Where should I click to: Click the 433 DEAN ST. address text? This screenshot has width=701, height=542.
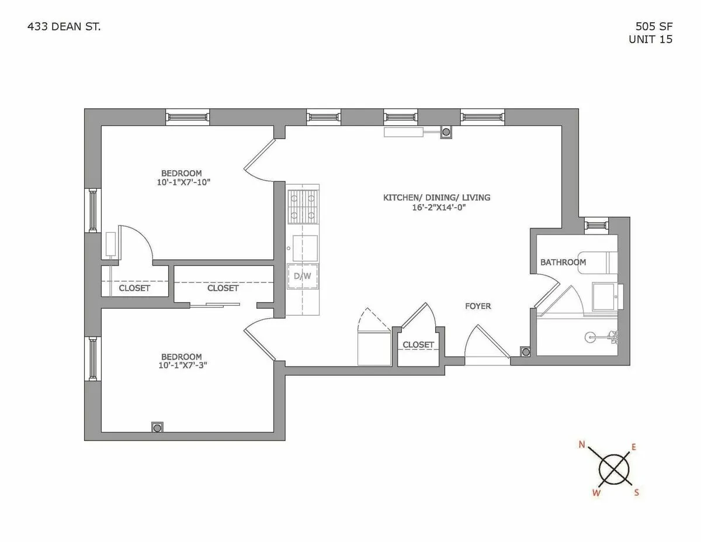point(64,27)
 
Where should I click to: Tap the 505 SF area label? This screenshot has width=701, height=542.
point(654,27)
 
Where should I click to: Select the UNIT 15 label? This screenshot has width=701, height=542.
point(650,40)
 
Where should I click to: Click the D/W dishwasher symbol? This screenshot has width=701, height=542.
point(303,277)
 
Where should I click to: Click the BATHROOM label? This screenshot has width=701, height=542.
point(563,262)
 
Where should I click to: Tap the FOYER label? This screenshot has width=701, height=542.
point(478,306)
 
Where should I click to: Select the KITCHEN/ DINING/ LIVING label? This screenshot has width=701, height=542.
point(436,198)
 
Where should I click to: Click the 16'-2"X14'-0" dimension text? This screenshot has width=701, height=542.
point(436,208)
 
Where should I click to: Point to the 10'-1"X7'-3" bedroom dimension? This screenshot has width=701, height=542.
point(182,366)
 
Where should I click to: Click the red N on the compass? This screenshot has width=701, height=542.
point(582,445)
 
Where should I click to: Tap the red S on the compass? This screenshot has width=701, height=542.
point(636,492)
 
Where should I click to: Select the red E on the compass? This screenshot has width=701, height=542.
point(634,447)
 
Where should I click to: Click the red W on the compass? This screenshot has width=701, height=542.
point(596,493)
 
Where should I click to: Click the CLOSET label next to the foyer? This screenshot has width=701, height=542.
point(418,345)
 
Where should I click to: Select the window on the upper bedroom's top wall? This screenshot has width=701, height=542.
point(188,117)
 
